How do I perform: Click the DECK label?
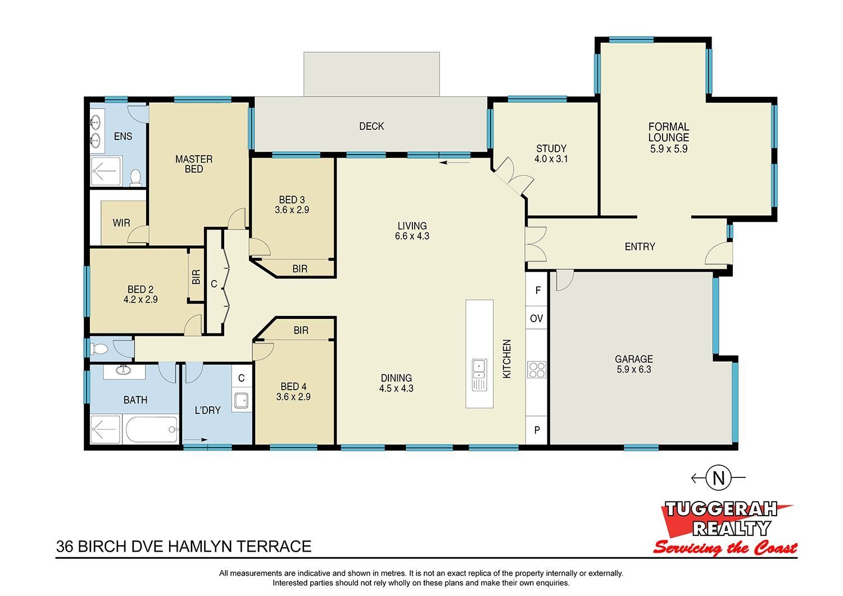tap(371, 126)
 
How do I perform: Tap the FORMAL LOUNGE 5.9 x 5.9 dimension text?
tap(668, 148)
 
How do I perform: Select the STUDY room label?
tap(551, 148)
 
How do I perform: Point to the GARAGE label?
tap(634, 359)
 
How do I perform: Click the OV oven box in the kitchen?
tap(536, 318)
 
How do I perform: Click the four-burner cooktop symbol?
tap(536, 369)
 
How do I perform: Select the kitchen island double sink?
tap(479, 374)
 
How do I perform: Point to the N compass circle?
tap(719, 478)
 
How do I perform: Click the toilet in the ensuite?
tap(135, 177)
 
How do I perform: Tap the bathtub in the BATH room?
tap(151, 430)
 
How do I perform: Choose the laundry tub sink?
tap(241, 400)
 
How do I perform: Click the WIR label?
tap(121, 223)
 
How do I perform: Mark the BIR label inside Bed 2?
tap(196, 277)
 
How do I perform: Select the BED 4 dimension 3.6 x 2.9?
tap(293, 397)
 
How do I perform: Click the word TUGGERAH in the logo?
tap(720, 509)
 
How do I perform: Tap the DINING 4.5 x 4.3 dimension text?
tap(396, 388)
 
